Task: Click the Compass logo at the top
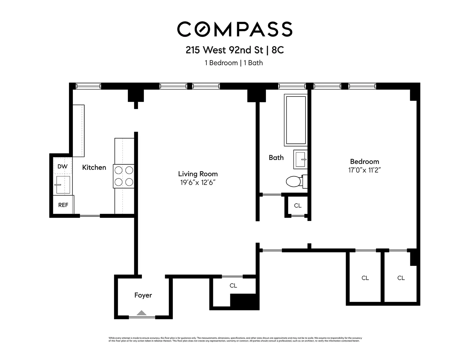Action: click(x=234, y=29)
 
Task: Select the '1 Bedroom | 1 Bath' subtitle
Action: click(x=234, y=63)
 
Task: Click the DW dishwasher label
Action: click(x=62, y=166)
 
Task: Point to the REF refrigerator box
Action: click(x=63, y=205)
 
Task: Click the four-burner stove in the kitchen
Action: click(x=124, y=176)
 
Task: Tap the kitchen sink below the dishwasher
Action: click(x=63, y=185)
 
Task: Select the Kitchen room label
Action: click(x=94, y=167)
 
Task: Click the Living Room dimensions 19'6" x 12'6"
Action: click(x=198, y=183)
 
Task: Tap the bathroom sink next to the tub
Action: click(x=300, y=159)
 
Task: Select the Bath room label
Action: click(x=276, y=158)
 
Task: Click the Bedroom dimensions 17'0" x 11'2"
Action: click(x=364, y=170)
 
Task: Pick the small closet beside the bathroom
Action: click(x=298, y=205)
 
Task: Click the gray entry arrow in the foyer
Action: click(x=142, y=313)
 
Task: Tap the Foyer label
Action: click(x=143, y=295)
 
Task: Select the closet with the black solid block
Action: click(x=233, y=286)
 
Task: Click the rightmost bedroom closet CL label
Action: click(x=401, y=278)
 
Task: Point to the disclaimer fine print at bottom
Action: click(x=235, y=340)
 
